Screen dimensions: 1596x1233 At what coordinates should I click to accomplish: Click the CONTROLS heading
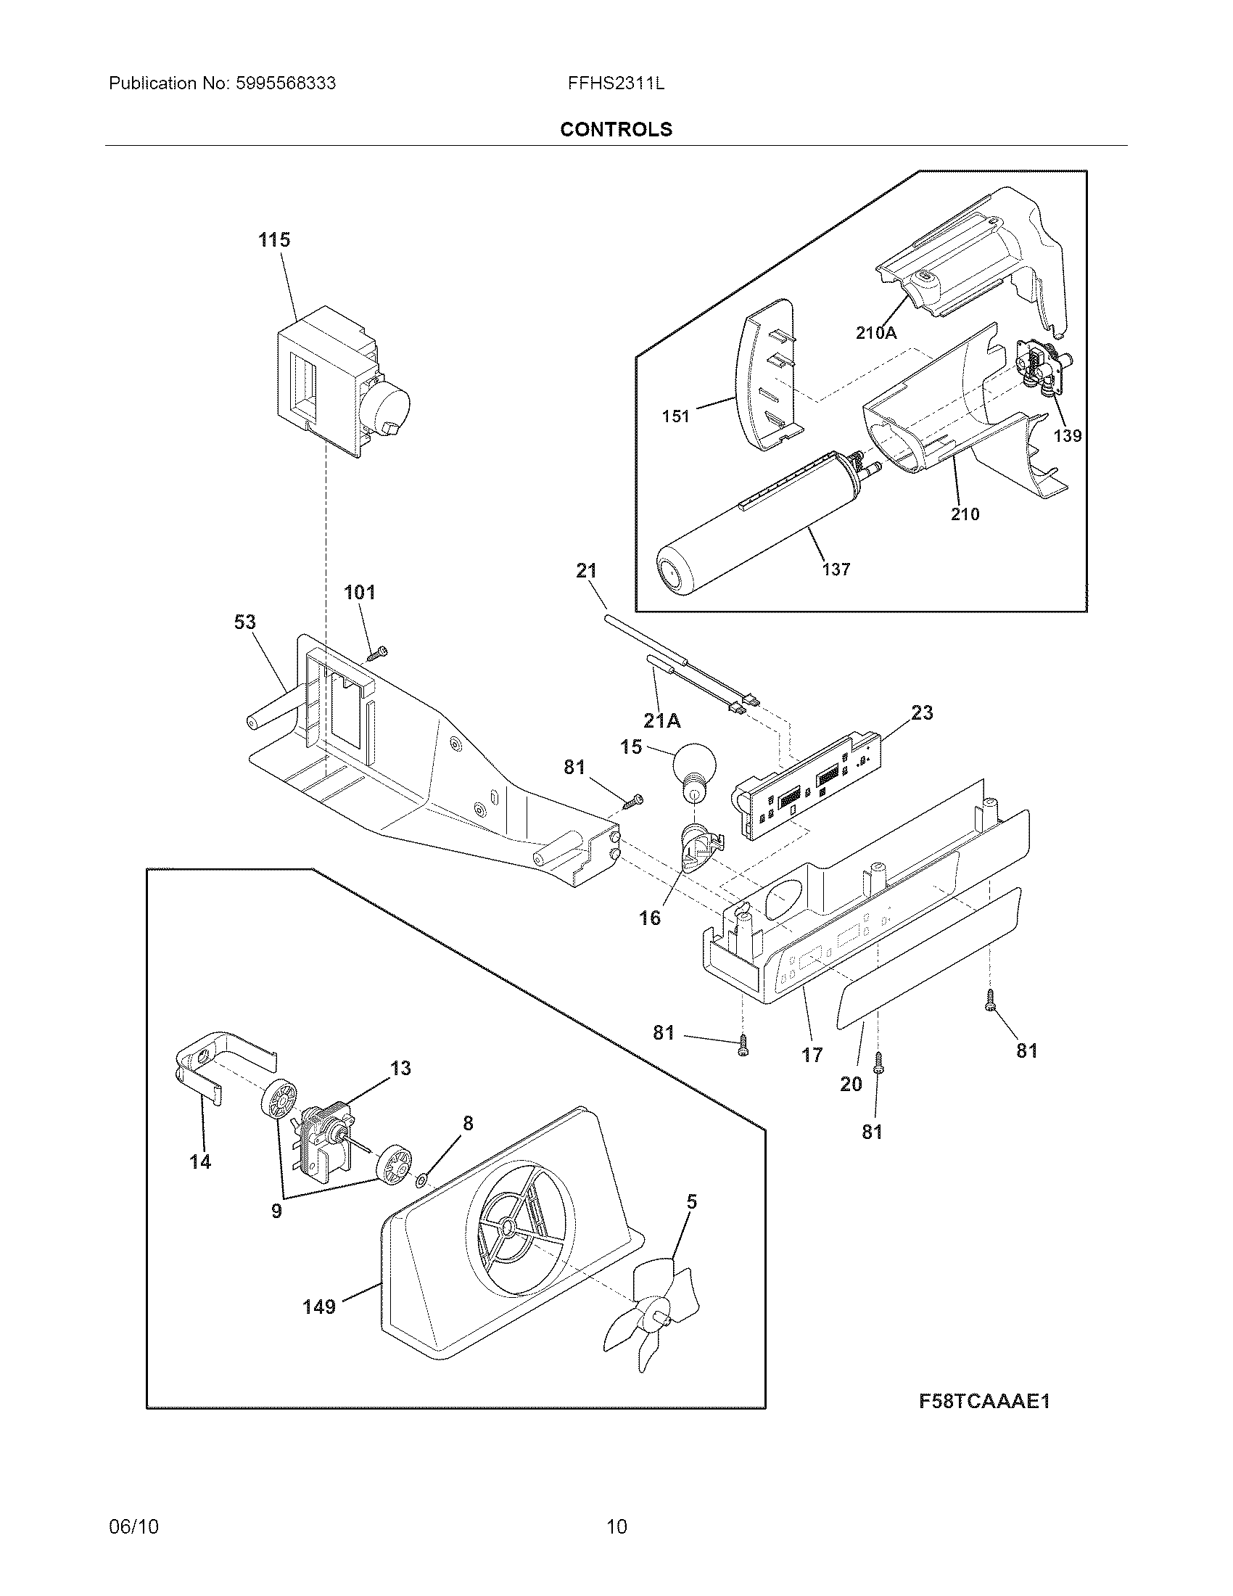click(x=616, y=129)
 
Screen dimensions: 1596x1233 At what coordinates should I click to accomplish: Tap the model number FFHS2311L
click(x=616, y=83)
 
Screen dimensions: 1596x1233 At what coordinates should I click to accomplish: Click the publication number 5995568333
click(x=286, y=83)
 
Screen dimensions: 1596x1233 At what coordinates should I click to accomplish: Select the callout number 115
click(x=274, y=239)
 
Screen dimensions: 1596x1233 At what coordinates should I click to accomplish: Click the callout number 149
click(x=319, y=1306)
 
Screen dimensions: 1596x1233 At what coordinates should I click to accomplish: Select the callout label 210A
click(x=876, y=333)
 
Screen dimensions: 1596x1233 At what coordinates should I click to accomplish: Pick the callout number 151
click(x=676, y=416)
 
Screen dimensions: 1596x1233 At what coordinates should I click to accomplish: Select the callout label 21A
click(x=661, y=720)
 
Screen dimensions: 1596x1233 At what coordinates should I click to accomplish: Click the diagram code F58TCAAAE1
click(x=984, y=1401)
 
